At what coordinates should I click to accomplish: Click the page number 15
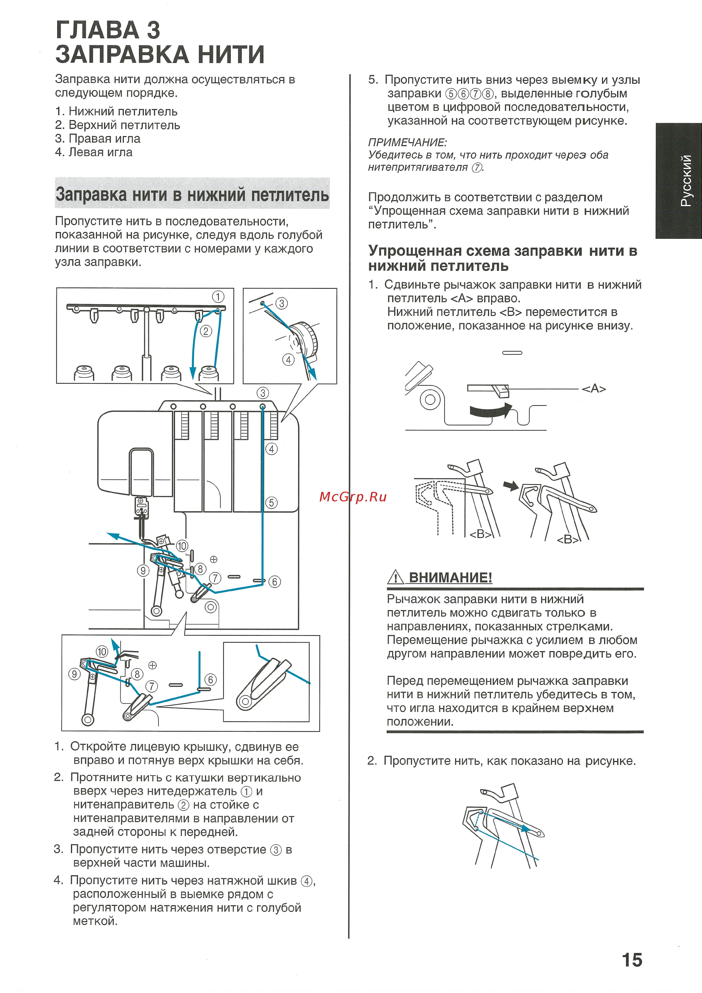point(632,960)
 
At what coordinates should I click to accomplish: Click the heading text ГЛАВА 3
point(108,30)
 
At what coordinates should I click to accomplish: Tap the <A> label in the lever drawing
point(594,388)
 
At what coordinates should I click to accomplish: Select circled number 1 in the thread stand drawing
point(218,297)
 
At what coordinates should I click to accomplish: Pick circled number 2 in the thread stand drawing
point(205,331)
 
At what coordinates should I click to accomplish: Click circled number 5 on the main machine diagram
point(271,502)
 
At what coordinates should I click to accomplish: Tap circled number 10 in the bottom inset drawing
point(102,651)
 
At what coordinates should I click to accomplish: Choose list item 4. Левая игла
point(94,152)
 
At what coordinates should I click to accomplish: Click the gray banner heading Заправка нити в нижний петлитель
point(192,194)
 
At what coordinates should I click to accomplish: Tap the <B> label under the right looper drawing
point(567,539)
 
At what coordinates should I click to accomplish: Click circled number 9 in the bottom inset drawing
point(74,674)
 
